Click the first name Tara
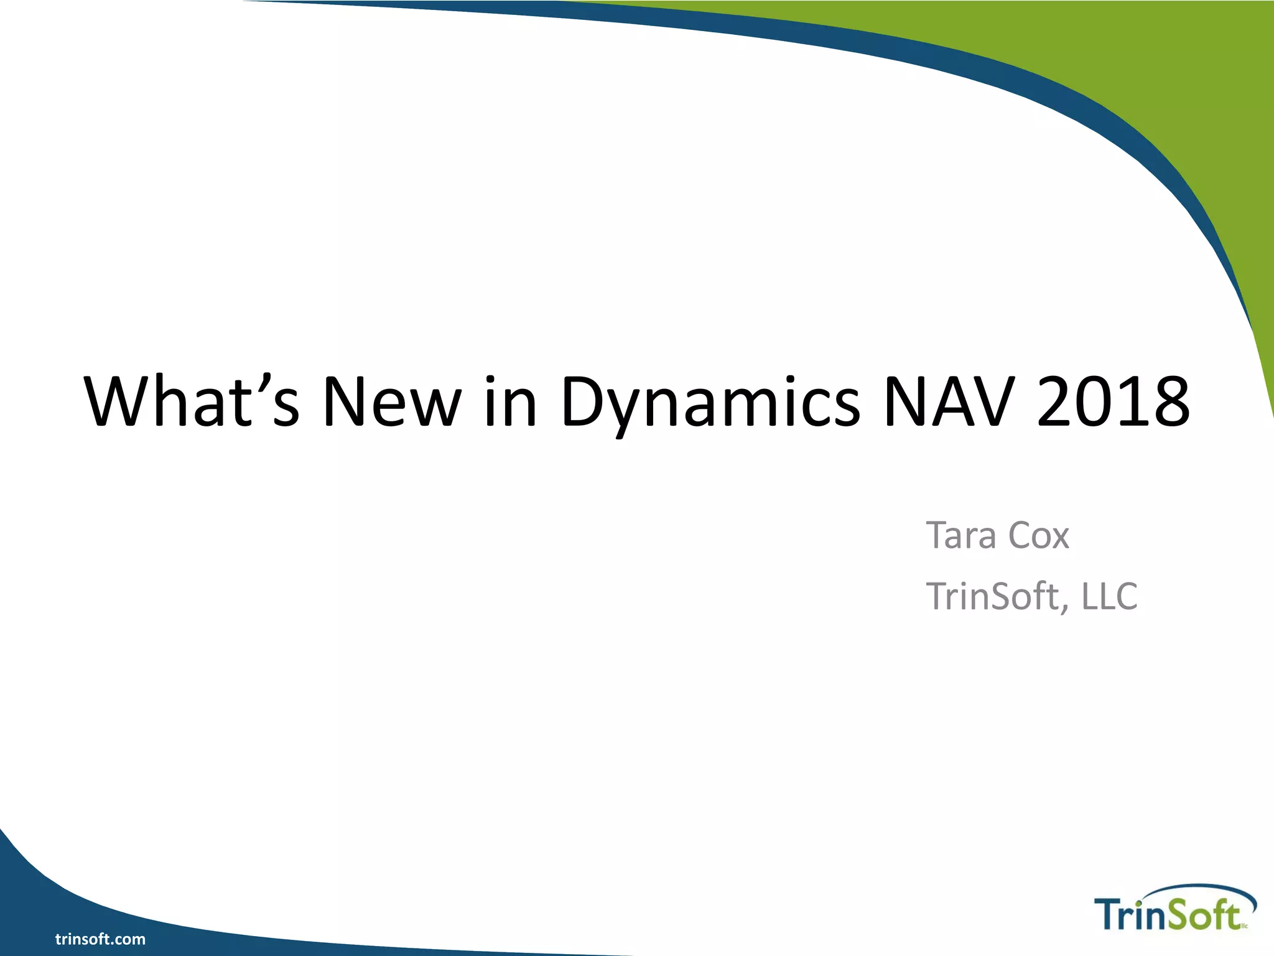click(x=960, y=535)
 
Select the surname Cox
click(x=1038, y=535)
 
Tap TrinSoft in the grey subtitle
click(x=993, y=596)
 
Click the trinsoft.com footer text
click(x=100, y=939)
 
